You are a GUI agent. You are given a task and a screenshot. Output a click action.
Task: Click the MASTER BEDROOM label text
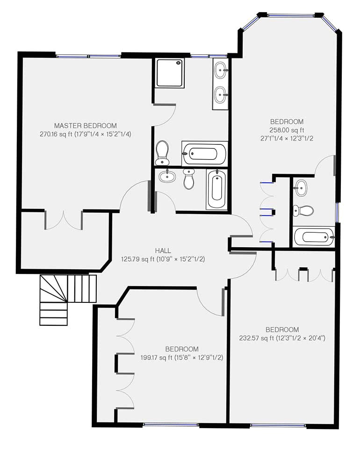[x=85, y=125]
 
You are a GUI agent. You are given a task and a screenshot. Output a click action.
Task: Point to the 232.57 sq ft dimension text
[x=282, y=337]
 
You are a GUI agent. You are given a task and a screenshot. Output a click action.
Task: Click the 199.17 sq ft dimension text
[x=182, y=358]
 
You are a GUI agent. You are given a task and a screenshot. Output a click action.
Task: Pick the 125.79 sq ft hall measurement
[x=163, y=258]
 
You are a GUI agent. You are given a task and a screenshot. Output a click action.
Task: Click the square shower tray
[x=170, y=73]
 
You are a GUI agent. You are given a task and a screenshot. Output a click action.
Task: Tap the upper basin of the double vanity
[x=220, y=71]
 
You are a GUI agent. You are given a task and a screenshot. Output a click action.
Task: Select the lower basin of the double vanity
[x=220, y=95]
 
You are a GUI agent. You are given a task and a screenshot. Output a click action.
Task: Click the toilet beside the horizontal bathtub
[x=162, y=152]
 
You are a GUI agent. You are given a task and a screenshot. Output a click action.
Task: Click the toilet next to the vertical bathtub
[x=189, y=179]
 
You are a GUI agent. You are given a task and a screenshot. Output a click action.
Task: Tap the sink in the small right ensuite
[x=301, y=188]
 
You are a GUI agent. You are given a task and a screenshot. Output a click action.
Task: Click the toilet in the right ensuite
[x=303, y=210]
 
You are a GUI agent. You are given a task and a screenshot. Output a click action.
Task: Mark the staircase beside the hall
[x=67, y=299]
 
